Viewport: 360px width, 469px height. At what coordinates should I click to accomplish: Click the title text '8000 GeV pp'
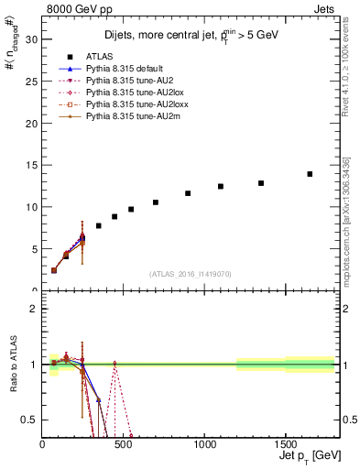point(74,8)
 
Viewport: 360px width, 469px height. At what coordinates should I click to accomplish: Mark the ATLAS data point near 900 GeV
point(188,193)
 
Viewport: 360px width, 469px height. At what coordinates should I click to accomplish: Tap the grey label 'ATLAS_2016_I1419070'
point(190,273)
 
